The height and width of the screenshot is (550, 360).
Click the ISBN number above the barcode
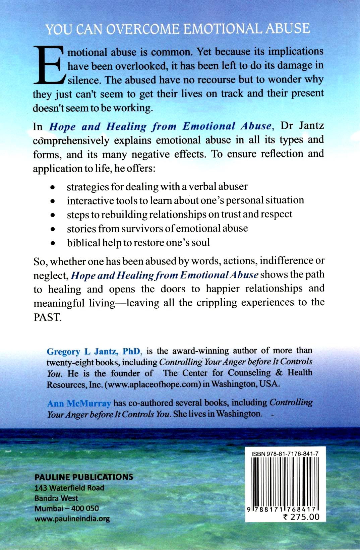pos(285,453)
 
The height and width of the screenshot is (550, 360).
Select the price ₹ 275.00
pos(301,516)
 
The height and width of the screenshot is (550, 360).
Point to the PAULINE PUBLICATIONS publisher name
pos(84,477)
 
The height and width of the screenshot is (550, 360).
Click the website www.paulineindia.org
pos(72,519)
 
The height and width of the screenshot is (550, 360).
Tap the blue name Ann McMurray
pos(79,404)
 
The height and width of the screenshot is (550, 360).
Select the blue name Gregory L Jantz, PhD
pos(94,352)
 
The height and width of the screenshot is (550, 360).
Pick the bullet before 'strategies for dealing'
pos(52,187)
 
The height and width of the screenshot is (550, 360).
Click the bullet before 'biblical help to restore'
pos(52,244)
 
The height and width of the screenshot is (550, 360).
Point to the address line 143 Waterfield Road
pos(69,488)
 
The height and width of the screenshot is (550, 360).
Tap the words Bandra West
pos(56,498)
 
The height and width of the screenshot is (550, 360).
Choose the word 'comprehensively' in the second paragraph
pos(71,140)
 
